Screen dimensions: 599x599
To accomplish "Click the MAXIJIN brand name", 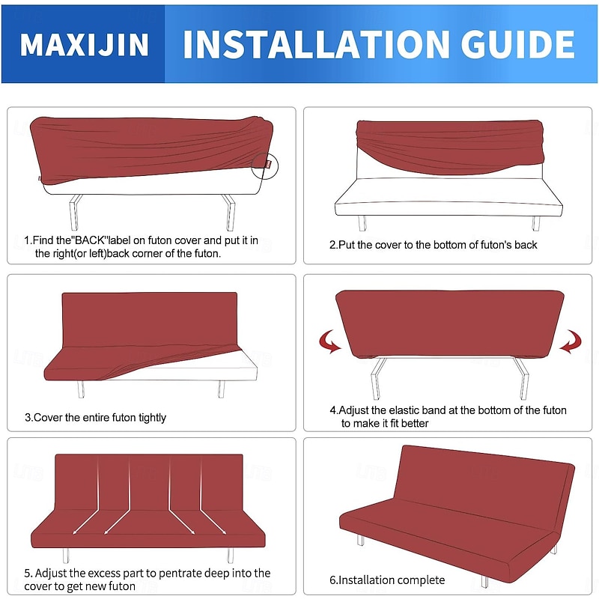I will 84,44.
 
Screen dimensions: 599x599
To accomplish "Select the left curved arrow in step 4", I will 329,343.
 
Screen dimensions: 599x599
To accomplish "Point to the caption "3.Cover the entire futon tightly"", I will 95,417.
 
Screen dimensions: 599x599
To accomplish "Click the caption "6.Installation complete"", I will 387,580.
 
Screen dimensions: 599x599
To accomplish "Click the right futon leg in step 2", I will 535,222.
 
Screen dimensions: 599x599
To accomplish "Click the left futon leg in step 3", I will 80,389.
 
